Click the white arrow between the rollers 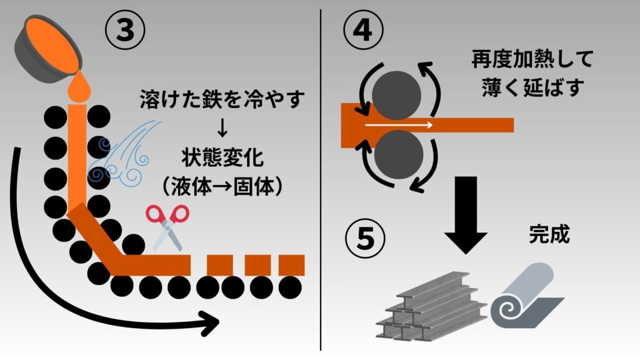click(400, 125)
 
